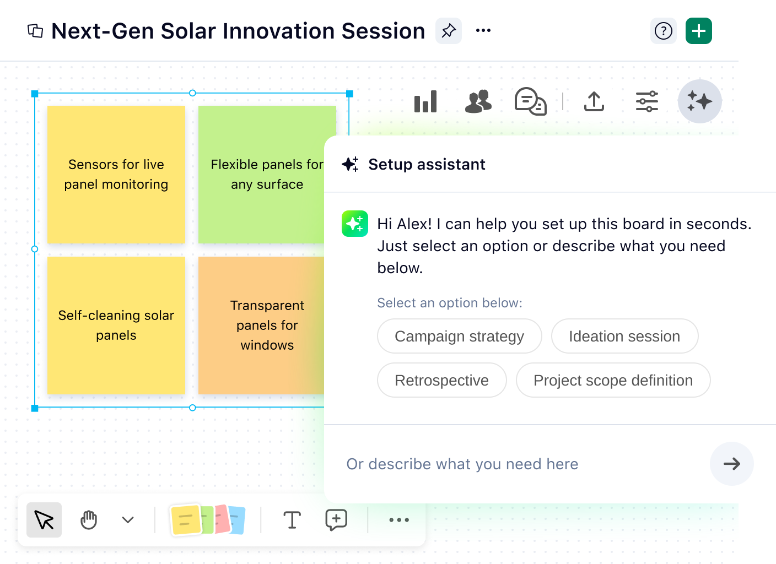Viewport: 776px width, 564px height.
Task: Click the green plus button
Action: pyautogui.click(x=698, y=31)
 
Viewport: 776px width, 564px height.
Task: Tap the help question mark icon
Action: pyautogui.click(x=663, y=31)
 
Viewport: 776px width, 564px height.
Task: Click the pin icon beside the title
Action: pyautogui.click(x=449, y=31)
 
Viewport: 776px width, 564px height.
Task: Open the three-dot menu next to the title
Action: pyautogui.click(x=483, y=31)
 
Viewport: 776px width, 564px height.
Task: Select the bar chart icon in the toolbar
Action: pyautogui.click(x=425, y=102)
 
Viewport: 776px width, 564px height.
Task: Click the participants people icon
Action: pyautogui.click(x=478, y=102)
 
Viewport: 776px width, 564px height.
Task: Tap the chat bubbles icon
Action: pyautogui.click(x=530, y=102)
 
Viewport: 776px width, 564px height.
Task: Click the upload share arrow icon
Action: pyautogui.click(x=594, y=102)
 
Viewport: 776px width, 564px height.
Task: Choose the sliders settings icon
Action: pyautogui.click(x=646, y=102)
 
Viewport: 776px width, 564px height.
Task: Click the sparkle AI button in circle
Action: pyautogui.click(x=699, y=102)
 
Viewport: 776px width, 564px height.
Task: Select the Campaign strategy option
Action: pyautogui.click(x=459, y=336)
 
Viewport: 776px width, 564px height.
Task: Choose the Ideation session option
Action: pyautogui.click(x=624, y=336)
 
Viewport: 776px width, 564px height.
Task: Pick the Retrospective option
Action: pyautogui.click(x=441, y=380)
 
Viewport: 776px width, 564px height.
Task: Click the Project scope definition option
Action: pyautogui.click(x=613, y=380)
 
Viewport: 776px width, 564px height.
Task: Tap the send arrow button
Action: pyautogui.click(x=731, y=464)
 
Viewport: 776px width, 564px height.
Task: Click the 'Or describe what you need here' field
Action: pyautogui.click(x=518, y=464)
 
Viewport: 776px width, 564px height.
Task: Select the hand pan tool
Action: pyautogui.click(x=89, y=520)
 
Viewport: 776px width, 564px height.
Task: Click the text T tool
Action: pyautogui.click(x=292, y=520)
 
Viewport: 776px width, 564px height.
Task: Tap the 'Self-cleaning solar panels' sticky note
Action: pyautogui.click(x=116, y=326)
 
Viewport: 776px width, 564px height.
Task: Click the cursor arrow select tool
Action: pyautogui.click(x=44, y=520)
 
